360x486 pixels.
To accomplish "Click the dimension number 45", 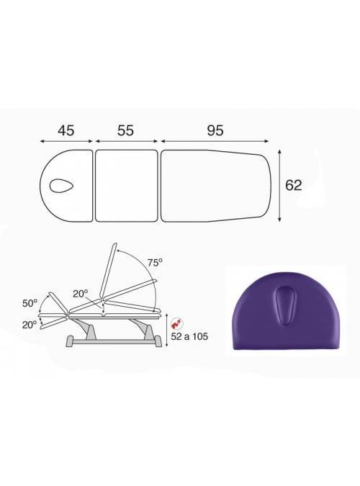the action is click(66, 130).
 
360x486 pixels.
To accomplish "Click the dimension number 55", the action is click(125, 130).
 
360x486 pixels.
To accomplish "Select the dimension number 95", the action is click(215, 130).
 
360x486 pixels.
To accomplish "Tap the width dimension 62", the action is click(293, 185).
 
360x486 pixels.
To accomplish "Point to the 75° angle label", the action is click(155, 263).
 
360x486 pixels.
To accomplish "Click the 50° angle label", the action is click(30, 303).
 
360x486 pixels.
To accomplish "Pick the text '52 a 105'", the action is click(189, 336).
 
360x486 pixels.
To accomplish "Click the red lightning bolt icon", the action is click(177, 324).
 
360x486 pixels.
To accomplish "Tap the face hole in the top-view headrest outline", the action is click(61, 186).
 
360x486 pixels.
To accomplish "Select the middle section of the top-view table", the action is click(126, 186).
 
